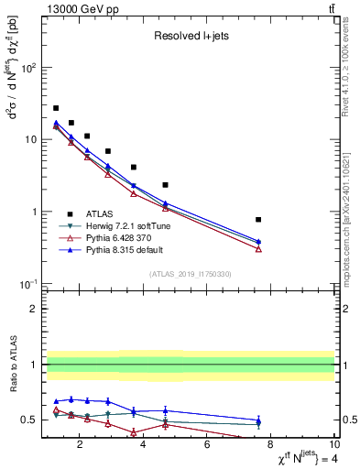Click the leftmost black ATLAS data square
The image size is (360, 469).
tap(56, 108)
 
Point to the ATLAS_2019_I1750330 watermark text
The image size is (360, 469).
tap(190, 274)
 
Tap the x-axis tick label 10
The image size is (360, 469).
tap(333, 445)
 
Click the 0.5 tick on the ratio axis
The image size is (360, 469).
tap(29, 420)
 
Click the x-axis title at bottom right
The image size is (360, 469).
tap(292, 459)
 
